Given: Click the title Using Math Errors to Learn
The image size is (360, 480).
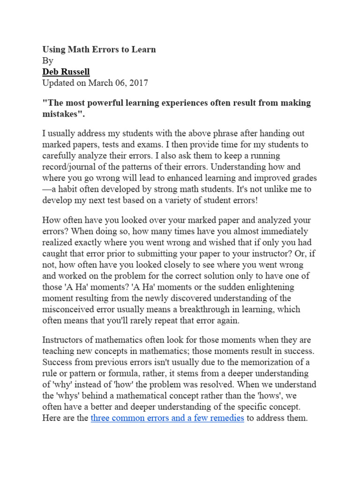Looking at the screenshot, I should click(99, 49).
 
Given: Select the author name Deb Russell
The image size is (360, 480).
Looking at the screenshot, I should click(66, 72).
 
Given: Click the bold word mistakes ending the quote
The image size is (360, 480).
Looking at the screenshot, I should click(60, 114).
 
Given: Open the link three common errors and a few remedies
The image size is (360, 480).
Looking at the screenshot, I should click(167, 418).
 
